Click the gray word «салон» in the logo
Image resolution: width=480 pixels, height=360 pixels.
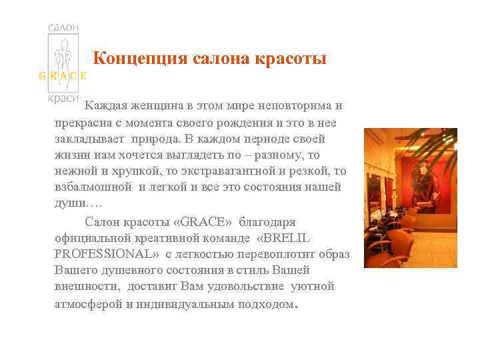(x=64, y=27)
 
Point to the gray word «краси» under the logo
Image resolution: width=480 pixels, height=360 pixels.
(x=63, y=97)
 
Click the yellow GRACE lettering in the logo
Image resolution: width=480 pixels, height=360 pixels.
(x=63, y=75)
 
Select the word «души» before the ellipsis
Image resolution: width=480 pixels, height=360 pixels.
(x=69, y=203)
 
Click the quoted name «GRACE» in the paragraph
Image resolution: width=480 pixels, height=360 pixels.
(x=198, y=221)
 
